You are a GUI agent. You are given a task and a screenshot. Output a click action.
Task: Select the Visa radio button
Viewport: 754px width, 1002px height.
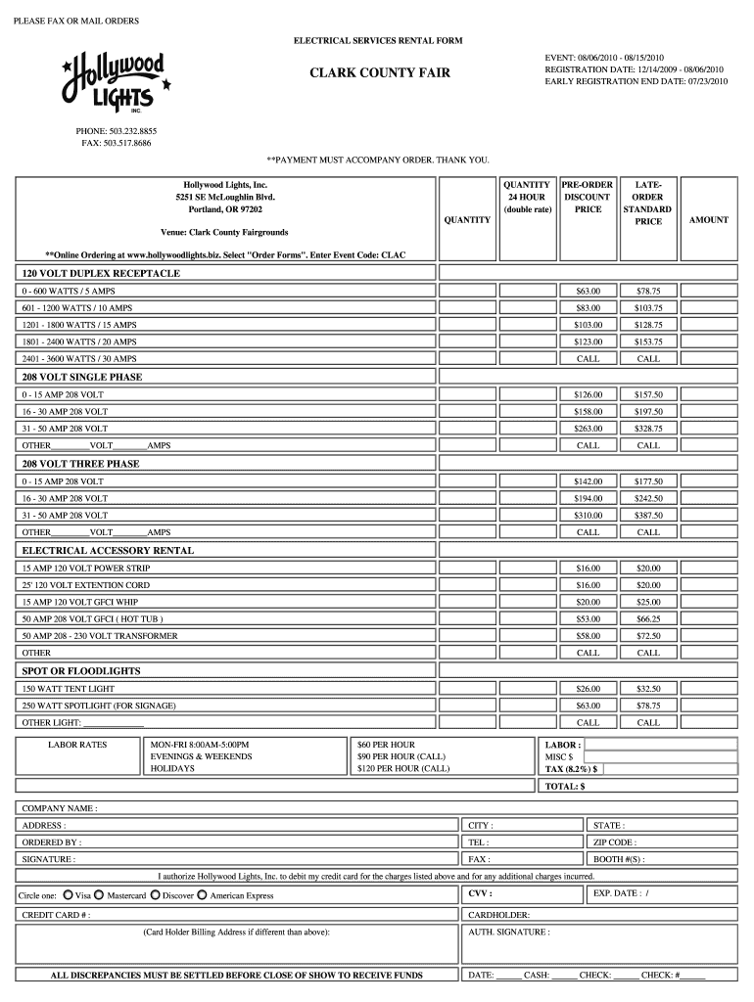click(x=67, y=894)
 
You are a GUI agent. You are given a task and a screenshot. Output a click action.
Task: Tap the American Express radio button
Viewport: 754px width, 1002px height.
click(x=202, y=894)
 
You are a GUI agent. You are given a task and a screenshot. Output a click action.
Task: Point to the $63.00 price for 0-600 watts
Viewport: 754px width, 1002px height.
click(x=588, y=291)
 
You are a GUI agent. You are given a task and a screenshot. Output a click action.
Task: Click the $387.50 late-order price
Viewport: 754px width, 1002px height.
click(x=648, y=515)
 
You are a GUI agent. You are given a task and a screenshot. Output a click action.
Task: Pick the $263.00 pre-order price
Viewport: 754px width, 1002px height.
click(x=588, y=429)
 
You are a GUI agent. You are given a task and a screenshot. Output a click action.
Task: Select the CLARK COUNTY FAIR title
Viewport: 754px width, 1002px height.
click(x=380, y=73)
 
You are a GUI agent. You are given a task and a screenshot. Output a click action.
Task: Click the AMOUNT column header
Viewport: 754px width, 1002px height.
click(x=708, y=220)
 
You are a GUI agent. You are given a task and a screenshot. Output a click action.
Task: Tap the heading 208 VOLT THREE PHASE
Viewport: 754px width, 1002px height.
click(x=80, y=464)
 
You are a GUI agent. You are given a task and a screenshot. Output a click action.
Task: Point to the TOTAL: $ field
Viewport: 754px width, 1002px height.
click(x=565, y=786)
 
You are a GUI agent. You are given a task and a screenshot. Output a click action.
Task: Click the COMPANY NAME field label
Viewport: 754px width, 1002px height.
click(x=60, y=808)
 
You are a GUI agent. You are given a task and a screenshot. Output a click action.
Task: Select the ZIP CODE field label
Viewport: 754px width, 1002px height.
click(x=614, y=843)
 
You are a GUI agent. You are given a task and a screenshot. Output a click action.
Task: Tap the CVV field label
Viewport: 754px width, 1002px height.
click(x=480, y=893)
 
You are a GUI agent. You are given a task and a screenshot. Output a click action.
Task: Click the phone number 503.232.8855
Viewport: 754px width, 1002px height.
click(x=117, y=130)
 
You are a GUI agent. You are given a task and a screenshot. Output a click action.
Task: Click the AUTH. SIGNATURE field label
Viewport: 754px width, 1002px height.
click(x=509, y=933)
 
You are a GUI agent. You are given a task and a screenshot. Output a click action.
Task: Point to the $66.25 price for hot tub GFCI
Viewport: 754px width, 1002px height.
click(x=648, y=618)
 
